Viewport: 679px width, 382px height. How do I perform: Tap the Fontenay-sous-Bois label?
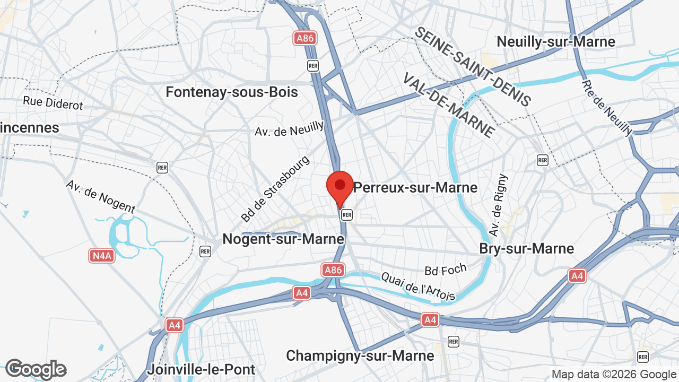[232, 92]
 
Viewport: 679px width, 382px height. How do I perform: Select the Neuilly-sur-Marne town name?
[556, 42]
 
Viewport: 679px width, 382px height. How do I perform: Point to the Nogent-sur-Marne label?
[283, 239]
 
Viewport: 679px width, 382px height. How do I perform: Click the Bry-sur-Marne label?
[526, 248]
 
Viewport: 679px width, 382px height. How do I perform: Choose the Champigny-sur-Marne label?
[359, 355]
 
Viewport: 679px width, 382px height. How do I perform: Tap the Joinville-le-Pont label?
[201, 369]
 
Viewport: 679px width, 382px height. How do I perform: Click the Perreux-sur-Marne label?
[415, 187]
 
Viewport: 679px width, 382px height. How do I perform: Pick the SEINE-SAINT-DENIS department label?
[472, 67]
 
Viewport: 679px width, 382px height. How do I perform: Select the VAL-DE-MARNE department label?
[449, 105]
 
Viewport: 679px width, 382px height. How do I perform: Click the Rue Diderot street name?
[53, 103]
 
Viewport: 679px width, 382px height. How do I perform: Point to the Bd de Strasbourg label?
[275, 189]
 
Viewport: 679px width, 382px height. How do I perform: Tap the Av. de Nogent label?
[100, 196]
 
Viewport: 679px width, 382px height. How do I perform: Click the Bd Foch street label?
[446, 270]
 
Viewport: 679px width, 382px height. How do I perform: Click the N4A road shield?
[102, 256]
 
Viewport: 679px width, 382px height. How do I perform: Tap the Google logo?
[36, 369]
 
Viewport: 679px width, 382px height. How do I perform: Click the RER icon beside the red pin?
[347, 214]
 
